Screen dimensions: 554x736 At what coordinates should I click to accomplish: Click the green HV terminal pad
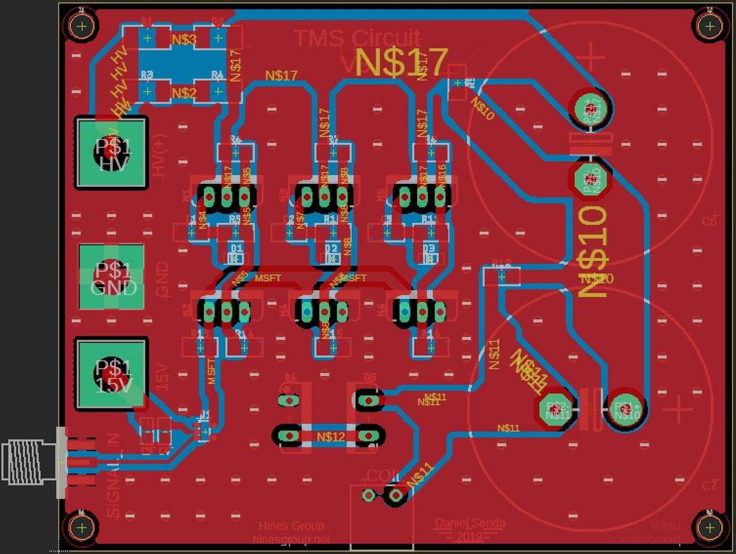(x=112, y=153)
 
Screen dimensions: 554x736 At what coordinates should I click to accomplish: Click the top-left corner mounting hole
(x=81, y=26)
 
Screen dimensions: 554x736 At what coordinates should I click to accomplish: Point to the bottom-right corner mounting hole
(x=709, y=527)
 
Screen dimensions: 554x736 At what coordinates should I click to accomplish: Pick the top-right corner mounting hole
(x=709, y=26)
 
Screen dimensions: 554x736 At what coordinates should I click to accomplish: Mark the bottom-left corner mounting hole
(x=81, y=527)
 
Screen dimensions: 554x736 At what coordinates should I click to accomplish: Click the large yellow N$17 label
(x=402, y=62)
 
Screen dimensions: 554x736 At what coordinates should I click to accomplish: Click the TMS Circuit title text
(x=357, y=38)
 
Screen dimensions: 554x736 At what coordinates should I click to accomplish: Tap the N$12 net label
(x=330, y=436)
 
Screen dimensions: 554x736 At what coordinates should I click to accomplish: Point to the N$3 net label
(x=184, y=39)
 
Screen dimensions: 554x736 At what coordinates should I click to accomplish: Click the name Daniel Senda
(x=470, y=523)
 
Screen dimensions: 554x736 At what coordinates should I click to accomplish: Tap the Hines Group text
(x=291, y=526)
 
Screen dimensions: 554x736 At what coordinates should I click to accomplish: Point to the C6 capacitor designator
(x=709, y=221)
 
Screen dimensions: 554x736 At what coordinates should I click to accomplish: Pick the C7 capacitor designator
(x=709, y=485)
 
